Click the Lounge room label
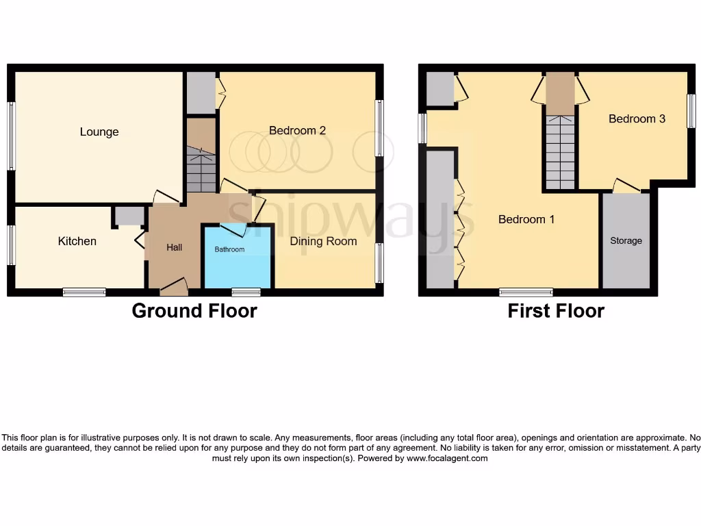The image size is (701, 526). pos(99,132)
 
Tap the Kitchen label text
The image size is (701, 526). pos(77,241)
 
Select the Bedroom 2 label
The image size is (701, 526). pos(296,130)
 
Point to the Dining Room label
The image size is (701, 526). pos(323,241)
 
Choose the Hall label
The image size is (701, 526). pos(175,247)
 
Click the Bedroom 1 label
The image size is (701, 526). pos(526,219)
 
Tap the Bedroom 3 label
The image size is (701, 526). pos(637,118)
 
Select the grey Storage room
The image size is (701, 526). pos(626,241)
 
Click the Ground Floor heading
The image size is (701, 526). pos(194,311)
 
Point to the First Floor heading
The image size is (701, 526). pos(556,311)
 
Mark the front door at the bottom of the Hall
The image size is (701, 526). pos(173,288)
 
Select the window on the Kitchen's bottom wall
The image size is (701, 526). pos(84,292)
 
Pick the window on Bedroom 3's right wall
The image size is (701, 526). pos(691,110)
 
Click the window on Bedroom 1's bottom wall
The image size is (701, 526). pos(526,292)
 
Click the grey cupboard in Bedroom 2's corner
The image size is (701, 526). pos(201,92)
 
